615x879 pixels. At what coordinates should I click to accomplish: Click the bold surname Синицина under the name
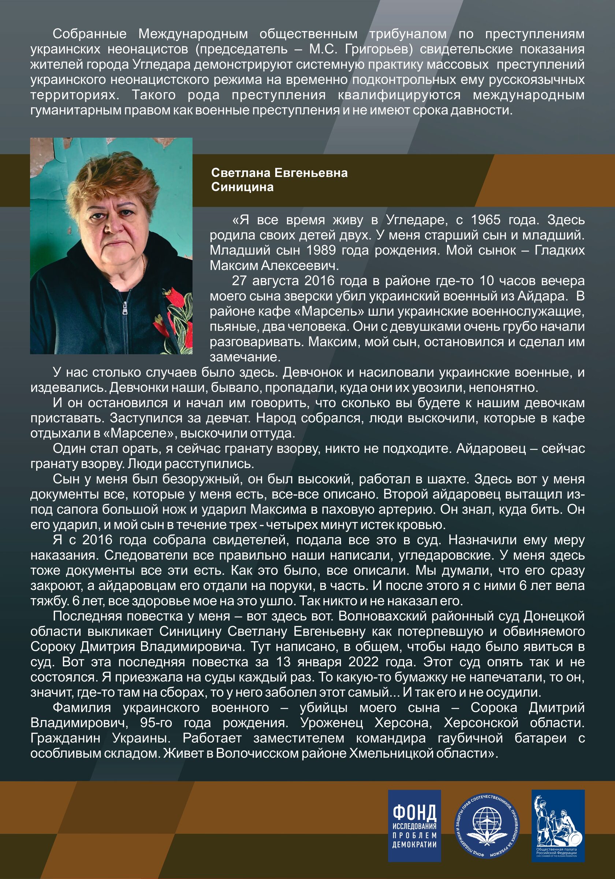click(242, 187)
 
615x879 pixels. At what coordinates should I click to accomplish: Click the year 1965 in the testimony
click(480, 220)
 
